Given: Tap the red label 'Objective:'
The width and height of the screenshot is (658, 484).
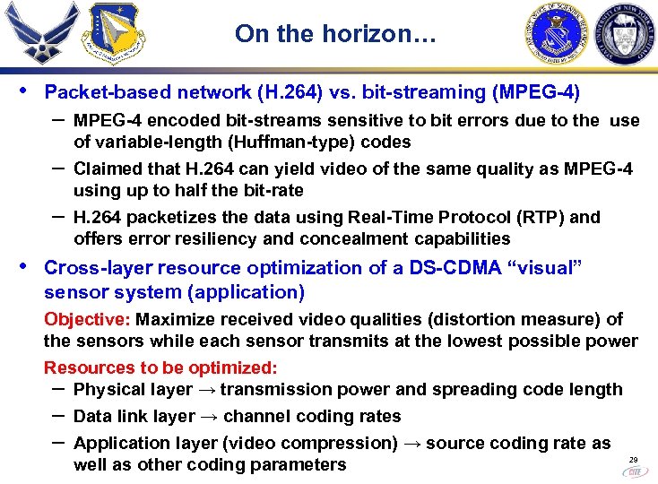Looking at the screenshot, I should [x=87, y=319].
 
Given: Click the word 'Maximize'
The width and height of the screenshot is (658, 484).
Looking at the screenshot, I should [x=173, y=319].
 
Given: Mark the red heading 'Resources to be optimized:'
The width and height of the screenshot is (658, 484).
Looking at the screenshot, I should [x=160, y=367].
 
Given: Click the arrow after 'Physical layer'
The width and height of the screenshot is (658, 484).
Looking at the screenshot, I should [x=205, y=390].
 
